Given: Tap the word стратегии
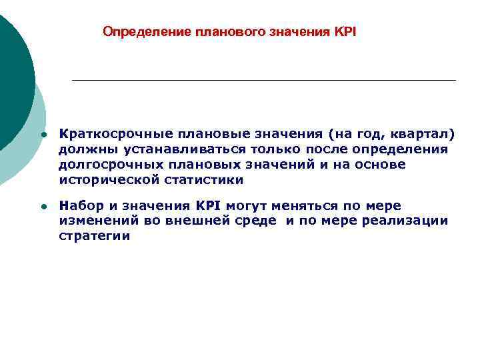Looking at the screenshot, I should (93, 236).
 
